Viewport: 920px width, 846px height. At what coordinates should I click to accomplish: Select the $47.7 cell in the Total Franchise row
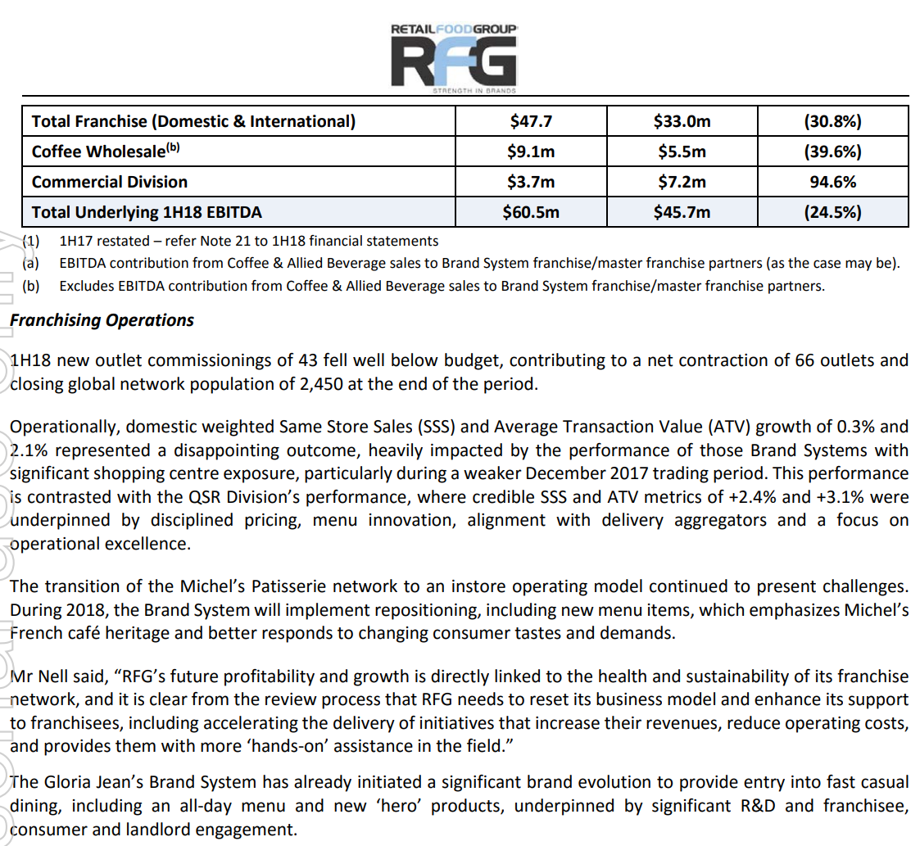point(530,122)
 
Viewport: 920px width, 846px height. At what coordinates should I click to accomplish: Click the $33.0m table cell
point(682,122)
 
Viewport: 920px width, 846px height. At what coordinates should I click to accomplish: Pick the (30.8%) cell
point(832,122)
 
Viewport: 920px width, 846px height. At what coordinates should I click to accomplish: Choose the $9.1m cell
point(530,152)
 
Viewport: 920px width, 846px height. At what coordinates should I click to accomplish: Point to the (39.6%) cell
point(832,152)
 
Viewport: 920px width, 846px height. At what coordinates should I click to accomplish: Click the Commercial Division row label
point(110,182)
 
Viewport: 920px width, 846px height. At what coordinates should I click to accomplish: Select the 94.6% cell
point(832,182)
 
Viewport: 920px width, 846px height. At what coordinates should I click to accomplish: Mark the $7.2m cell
point(682,182)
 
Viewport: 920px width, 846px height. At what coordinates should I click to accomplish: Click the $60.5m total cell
point(530,212)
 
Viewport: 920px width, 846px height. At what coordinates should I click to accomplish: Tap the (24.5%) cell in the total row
point(832,212)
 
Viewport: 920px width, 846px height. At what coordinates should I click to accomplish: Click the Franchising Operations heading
point(102,320)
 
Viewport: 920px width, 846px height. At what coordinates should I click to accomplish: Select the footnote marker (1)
point(30,242)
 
